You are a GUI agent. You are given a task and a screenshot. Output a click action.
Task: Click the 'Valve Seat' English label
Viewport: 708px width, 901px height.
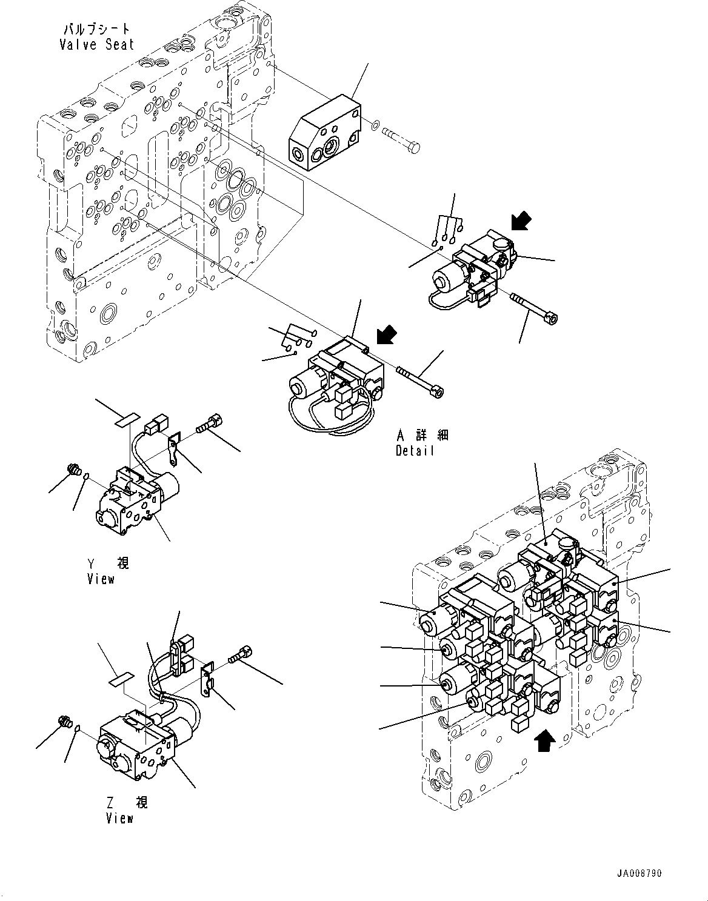tap(97, 44)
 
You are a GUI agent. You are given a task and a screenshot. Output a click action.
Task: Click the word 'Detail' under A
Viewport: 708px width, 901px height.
tap(415, 451)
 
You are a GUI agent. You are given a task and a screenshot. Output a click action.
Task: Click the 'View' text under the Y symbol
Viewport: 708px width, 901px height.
tap(101, 579)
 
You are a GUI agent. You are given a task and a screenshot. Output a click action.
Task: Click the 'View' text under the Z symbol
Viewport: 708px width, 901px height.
tap(119, 818)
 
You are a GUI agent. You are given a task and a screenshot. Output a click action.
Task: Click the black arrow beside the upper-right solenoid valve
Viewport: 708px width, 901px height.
tap(521, 221)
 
